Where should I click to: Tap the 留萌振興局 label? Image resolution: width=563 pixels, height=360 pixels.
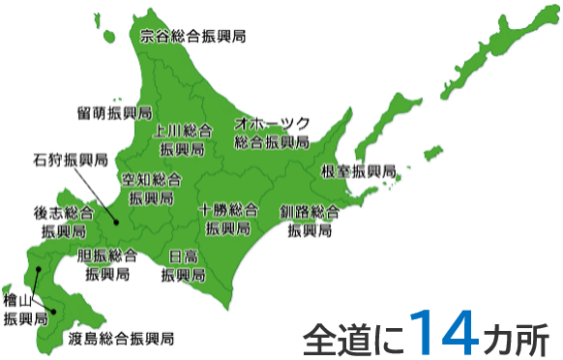(114, 112)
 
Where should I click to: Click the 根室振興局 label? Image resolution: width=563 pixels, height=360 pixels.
(358, 171)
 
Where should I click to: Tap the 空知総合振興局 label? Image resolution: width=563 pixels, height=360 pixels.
(151, 188)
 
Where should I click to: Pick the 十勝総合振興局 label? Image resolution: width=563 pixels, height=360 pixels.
(228, 220)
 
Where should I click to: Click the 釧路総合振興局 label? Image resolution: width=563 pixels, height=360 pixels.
(310, 221)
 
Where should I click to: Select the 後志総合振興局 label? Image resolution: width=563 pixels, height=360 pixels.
(64, 222)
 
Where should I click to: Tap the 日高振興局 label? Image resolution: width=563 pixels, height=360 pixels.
(184, 264)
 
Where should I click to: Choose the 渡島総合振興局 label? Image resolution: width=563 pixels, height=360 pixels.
(122, 339)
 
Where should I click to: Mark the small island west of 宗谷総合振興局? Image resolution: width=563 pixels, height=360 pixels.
(102, 26)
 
